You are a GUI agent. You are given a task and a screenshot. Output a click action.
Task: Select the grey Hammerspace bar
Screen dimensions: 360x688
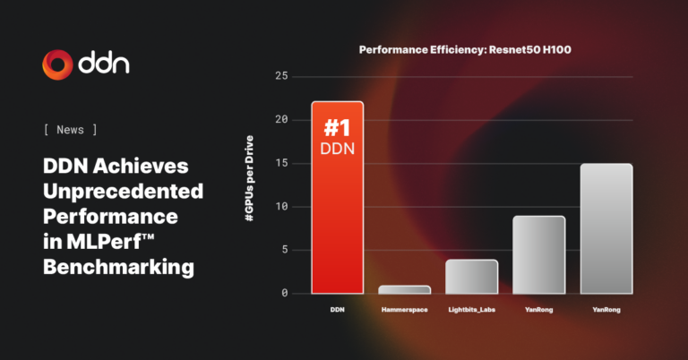[x=404, y=289]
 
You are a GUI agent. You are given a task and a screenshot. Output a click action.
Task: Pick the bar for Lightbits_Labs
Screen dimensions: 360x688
[x=471, y=277]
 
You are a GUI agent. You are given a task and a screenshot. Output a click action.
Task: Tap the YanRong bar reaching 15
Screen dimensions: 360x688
[x=606, y=228]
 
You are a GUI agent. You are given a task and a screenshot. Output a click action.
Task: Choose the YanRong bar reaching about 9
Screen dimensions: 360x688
[x=538, y=254]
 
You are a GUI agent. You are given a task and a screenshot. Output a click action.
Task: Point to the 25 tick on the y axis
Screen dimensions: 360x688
[x=281, y=77]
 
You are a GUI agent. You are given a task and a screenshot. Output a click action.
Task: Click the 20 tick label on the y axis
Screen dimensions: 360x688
[x=281, y=120]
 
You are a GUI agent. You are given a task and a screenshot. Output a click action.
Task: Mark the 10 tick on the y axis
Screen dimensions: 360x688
[x=281, y=207]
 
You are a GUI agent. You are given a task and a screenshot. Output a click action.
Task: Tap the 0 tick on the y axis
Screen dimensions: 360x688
[x=285, y=294]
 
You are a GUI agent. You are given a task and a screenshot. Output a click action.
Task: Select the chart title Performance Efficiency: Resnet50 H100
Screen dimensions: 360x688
[x=465, y=50]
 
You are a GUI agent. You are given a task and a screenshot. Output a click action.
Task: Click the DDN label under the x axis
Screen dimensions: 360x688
[x=337, y=310]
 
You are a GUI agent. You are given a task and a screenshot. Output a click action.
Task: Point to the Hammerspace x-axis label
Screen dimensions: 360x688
[x=404, y=310]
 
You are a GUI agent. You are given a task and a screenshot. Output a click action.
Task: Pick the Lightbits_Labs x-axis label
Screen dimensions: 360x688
[x=471, y=310]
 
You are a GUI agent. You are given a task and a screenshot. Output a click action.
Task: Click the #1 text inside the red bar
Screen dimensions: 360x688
[x=337, y=127]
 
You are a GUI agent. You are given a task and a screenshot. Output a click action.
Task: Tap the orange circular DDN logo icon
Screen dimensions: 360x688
[x=56, y=64]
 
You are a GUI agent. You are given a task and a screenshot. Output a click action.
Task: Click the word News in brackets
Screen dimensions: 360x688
[x=70, y=130]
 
